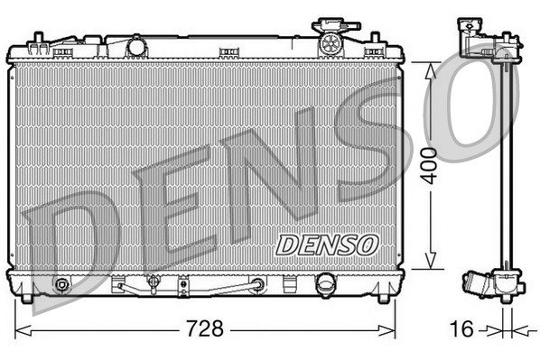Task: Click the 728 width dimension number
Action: pos(206,328)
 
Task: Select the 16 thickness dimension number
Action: pos(462,328)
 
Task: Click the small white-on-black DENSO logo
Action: pos(327,243)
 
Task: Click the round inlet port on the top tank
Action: pos(136,45)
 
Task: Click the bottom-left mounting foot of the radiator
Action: pos(28,296)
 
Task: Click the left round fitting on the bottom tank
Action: pos(61,286)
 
